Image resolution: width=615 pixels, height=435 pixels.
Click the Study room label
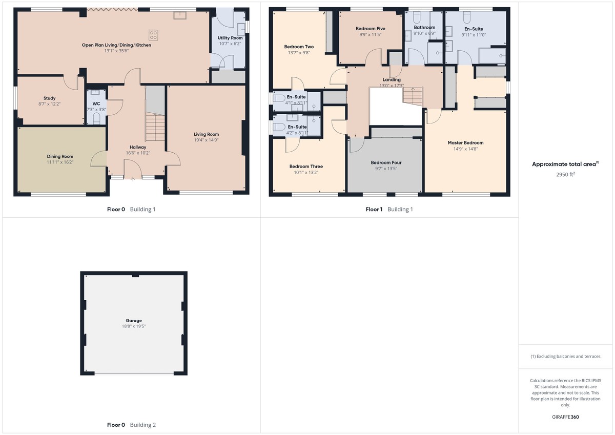(50, 98)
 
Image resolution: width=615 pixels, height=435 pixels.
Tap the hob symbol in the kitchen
(153, 35)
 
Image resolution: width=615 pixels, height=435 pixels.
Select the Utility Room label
(230, 38)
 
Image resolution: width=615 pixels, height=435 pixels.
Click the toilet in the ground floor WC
(96, 118)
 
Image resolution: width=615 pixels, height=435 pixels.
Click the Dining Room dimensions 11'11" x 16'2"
(60, 162)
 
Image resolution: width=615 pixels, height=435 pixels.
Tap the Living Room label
(206, 134)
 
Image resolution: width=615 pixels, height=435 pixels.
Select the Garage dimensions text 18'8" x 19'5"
(134, 326)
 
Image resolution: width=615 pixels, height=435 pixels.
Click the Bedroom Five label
(371, 29)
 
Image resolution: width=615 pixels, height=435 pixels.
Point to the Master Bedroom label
(465, 143)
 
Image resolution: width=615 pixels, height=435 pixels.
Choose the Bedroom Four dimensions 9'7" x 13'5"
(386, 169)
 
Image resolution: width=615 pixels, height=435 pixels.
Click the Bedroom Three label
(306, 167)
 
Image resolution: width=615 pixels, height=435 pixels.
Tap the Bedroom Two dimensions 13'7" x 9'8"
(299, 53)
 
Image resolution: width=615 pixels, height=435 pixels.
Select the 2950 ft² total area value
(565, 174)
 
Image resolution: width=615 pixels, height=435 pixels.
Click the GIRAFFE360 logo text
(565, 417)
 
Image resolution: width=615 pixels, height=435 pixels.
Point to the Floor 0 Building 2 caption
(131, 425)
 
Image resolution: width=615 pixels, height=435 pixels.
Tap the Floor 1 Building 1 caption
(389, 209)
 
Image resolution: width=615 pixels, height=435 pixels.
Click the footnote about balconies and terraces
(565, 356)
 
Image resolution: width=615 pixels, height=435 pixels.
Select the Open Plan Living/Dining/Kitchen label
(116, 45)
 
